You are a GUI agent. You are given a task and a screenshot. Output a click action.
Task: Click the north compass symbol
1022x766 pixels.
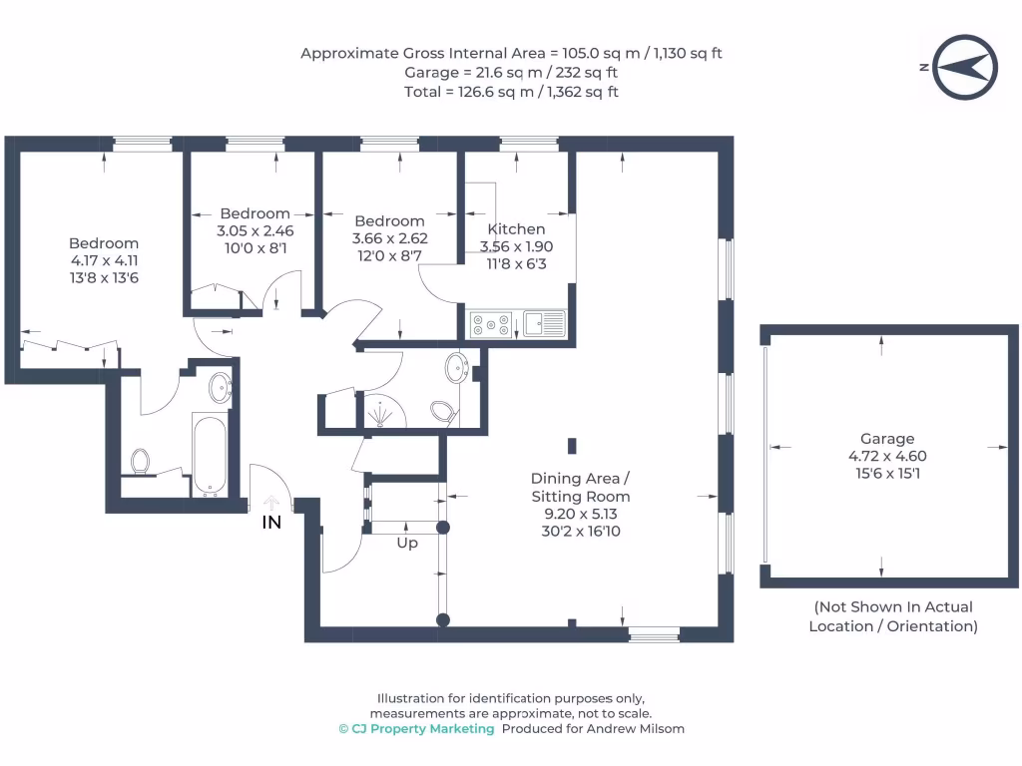(x=965, y=67)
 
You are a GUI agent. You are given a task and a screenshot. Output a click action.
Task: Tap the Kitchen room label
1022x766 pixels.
(x=516, y=229)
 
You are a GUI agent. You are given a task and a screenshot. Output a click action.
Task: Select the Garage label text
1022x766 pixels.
(x=887, y=439)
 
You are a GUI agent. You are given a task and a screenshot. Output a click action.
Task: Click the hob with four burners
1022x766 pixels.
(x=491, y=324)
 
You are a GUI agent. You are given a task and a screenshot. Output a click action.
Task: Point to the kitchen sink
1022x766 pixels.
(x=544, y=324)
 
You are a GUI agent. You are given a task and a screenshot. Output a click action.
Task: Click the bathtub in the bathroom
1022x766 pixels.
(x=210, y=454)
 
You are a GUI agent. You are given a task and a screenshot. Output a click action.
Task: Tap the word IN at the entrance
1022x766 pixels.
(x=271, y=523)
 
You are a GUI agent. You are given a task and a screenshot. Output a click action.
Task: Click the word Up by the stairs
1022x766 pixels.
(x=407, y=544)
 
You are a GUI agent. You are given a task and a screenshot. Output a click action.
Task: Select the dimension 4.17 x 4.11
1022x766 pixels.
(x=104, y=260)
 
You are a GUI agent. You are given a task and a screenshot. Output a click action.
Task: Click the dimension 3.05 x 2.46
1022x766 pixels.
(x=255, y=230)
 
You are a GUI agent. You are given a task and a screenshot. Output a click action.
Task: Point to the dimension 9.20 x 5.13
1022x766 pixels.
(x=581, y=514)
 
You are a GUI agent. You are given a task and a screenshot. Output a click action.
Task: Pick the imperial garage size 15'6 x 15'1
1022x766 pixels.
(x=887, y=474)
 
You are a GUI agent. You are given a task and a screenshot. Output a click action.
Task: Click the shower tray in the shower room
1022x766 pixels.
(x=382, y=409)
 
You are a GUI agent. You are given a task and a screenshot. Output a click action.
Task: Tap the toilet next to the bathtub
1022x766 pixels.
(x=140, y=461)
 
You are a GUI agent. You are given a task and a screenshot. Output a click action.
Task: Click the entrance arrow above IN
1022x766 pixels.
(x=271, y=503)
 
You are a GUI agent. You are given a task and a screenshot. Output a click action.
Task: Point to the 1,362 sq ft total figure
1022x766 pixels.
(x=583, y=92)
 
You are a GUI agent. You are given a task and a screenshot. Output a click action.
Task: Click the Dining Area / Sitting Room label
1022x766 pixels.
(x=581, y=487)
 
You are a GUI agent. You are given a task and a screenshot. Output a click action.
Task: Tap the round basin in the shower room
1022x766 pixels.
(x=457, y=367)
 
